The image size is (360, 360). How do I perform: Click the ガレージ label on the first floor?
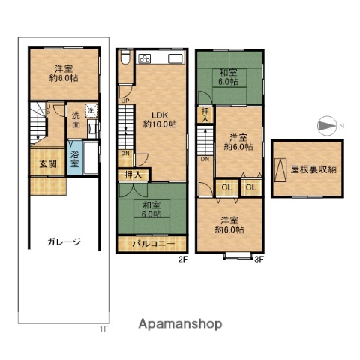(x=64, y=241)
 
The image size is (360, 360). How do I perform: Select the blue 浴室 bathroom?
(x=75, y=160)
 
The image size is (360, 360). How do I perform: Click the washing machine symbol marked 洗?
(x=91, y=110)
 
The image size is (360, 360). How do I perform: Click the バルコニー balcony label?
(x=154, y=244)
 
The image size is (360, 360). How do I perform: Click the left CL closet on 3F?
(x=227, y=187)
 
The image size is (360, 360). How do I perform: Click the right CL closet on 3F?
(x=251, y=187)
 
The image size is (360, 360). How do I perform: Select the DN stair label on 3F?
(x=205, y=159)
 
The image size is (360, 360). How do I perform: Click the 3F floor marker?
(x=259, y=259)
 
